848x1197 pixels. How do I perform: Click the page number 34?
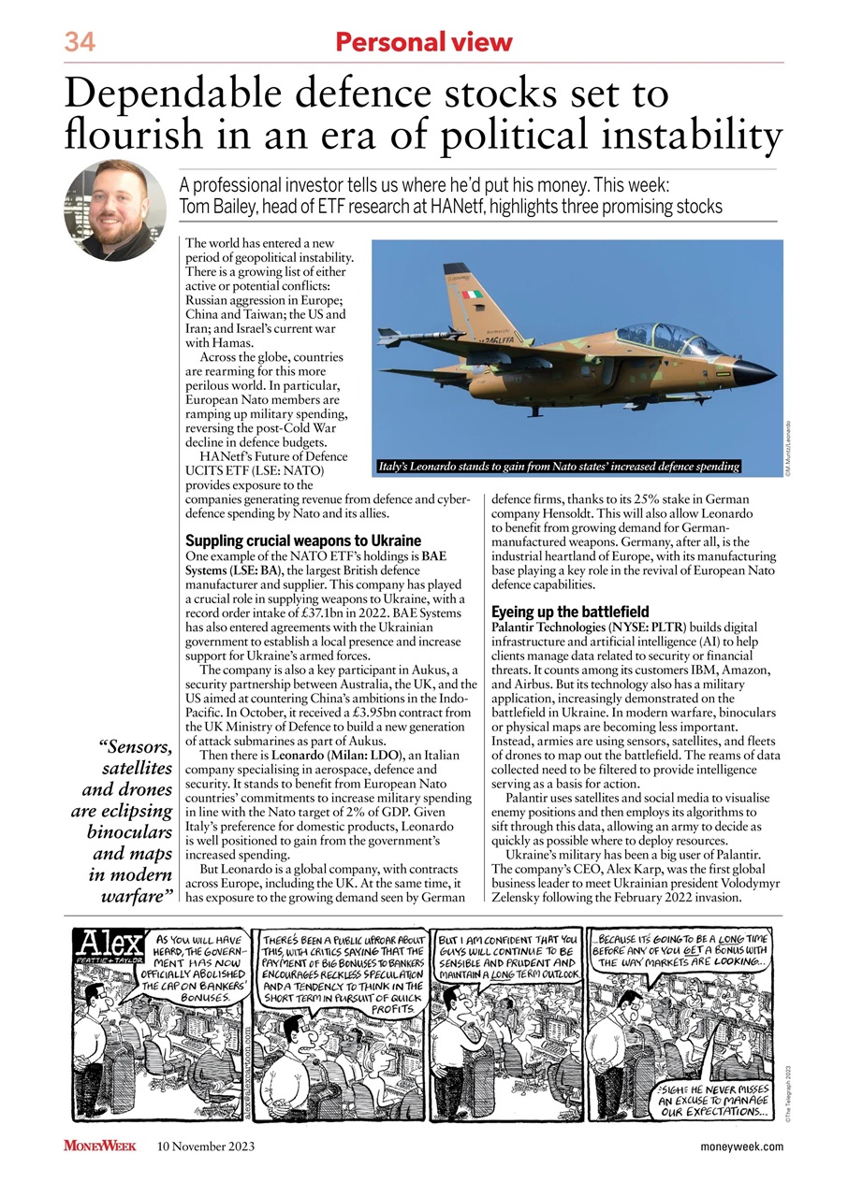click(80, 42)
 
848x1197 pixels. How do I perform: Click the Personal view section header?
click(424, 42)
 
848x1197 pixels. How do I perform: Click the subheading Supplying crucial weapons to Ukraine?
click(303, 541)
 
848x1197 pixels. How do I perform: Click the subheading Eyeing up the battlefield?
click(570, 612)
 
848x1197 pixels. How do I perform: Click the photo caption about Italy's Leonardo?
click(557, 466)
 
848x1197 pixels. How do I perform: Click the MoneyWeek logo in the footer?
click(100, 1147)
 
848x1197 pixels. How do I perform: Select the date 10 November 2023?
click(206, 1147)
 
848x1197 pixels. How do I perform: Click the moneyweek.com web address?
click(741, 1147)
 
